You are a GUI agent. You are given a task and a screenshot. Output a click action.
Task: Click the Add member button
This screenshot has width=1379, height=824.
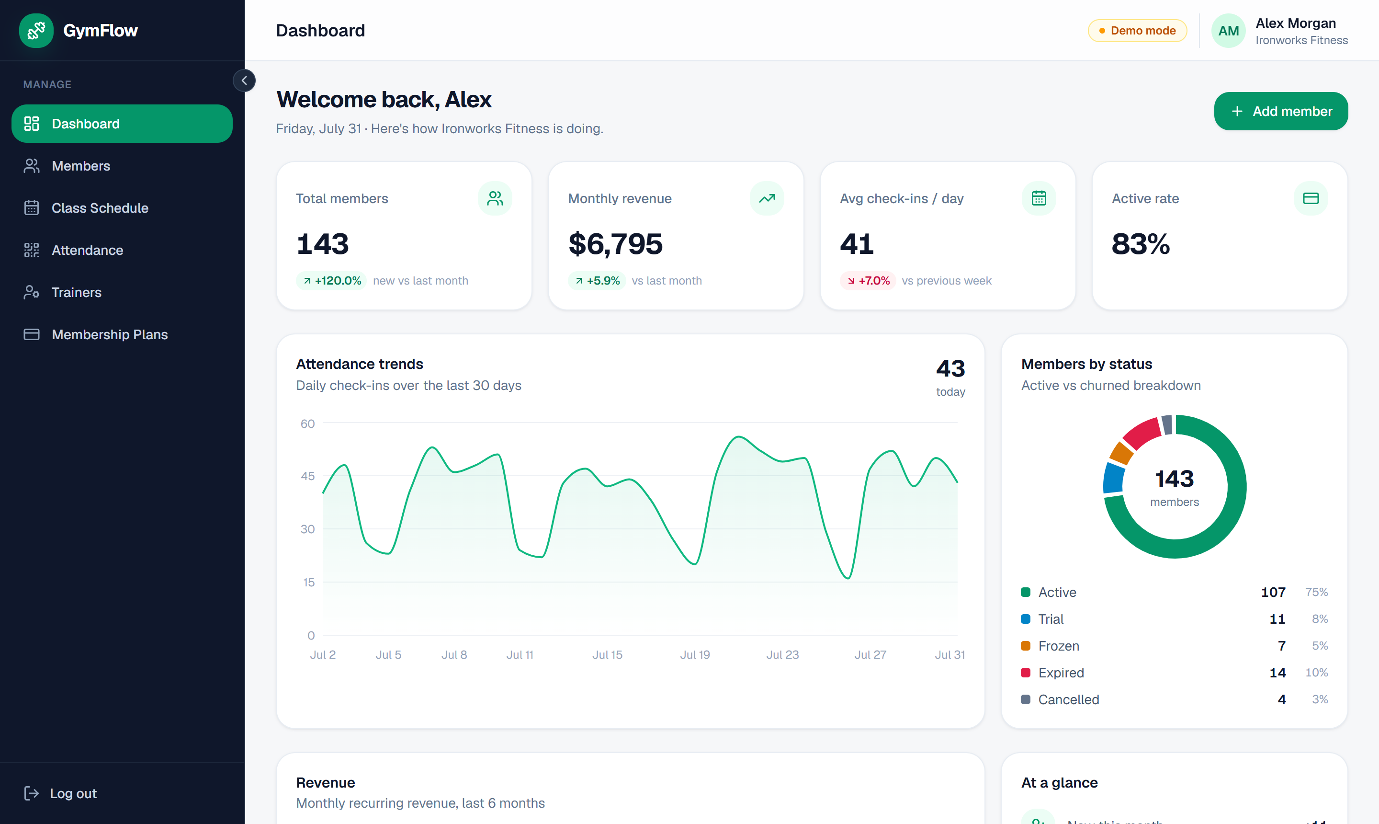[x=1280, y=111]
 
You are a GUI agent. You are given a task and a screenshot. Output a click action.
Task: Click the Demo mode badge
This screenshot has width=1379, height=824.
[x=1137, y=31]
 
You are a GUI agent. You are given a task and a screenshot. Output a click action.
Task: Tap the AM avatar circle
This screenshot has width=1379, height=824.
[x=1228, y=31]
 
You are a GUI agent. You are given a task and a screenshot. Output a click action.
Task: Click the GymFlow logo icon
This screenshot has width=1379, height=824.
[x=36, y=31]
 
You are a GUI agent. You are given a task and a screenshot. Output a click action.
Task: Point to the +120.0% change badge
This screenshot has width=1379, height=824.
[x=331, y=281]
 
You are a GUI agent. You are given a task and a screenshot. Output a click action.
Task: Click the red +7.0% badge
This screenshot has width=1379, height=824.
[x=868, y=281]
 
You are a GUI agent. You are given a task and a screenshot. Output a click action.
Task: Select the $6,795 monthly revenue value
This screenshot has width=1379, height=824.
[x=615, y=244]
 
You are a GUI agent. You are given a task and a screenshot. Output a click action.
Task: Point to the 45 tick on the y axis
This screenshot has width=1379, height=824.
[x=307, y=476]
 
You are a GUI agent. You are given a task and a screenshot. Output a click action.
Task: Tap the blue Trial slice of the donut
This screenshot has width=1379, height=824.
[x=1113, y=478]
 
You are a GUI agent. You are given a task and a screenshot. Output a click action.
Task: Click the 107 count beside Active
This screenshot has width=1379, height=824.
[x=1273, y=593]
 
